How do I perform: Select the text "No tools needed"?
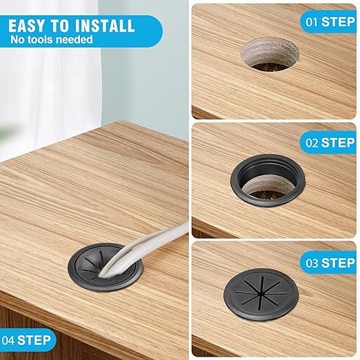click(52, 39)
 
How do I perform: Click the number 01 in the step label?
click(312, 22)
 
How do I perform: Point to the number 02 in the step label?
click(312, 143)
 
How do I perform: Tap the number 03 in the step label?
click(312, 263)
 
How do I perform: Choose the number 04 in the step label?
click(8, 340)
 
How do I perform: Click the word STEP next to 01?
click(338, 22)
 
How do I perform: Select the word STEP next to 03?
click(338, 263)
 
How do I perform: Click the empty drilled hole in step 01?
click(270, 55)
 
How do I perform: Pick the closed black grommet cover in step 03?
click(261, 294)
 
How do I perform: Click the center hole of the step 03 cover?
click(261, 294)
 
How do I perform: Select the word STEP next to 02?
click(338, 143)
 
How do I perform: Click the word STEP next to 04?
click(34, 340)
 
